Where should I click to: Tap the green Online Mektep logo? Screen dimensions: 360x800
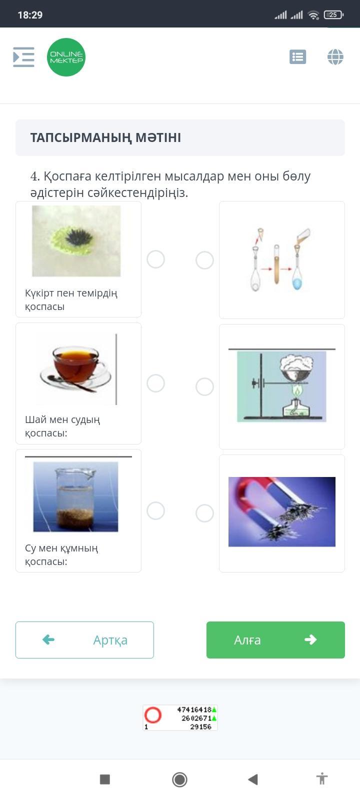pyautogui.click(x=66, y=57)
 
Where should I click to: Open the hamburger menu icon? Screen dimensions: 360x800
pyautogui.click(x=23, y=57)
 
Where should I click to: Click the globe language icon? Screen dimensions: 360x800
pyautogui.click(x=335, y=57)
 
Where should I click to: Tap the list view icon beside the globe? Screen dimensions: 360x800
pyautogui.click(x=298, y=57)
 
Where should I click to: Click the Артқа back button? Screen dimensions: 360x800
pyautogui.click(x=84, y=640)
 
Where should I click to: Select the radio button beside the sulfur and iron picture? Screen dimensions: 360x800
pyautogui.click(x=155, y=259)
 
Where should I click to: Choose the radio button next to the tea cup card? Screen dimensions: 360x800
pyautogui.click(x=155, y=383)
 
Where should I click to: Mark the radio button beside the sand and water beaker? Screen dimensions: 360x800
pyautogui.click(x=155, y=510)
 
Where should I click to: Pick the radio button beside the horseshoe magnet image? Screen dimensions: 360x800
pyautogui.click(x=204, y=513)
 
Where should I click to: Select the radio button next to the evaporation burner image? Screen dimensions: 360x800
pyautogui.click(x=204, y=387)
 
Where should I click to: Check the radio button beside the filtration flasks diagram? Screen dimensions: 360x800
pyautogui.click(x=204, y=260)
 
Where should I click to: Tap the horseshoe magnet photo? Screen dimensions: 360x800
pyautogui.click(x=282, y=512)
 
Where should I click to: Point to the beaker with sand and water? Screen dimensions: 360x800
pyautogui.click(x=75, y=497)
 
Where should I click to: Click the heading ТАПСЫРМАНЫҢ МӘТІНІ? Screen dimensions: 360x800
pyautogui.click(x=105, y=137)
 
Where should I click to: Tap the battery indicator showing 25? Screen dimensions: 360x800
pyautogui.click(x=333, y=14)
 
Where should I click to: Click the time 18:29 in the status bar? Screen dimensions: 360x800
pyautogui.click(x=30, y=15)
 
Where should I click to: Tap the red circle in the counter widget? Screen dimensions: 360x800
pyautogui.click(x=153, y=715)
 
